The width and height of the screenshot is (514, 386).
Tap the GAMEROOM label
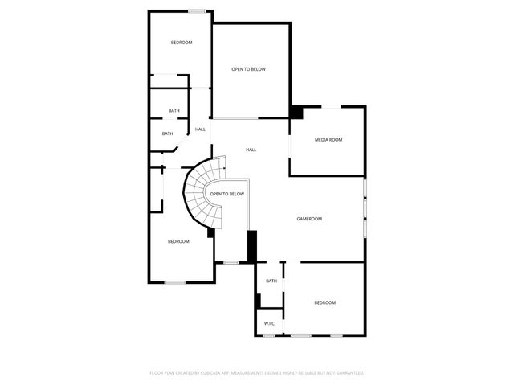309,219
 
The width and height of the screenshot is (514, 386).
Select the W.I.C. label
269,324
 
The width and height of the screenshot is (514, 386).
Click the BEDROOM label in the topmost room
182,43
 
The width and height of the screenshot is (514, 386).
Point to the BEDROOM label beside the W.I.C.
324,302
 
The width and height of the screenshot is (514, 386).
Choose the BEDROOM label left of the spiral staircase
178,242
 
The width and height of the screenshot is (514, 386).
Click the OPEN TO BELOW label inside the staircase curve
226,194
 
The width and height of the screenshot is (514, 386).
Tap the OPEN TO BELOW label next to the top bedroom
248,69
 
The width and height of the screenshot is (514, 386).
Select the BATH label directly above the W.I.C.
271,281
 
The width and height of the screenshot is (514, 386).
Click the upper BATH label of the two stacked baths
173,111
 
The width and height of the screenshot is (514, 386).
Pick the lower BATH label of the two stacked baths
167,133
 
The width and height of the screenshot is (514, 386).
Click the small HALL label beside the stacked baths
200,129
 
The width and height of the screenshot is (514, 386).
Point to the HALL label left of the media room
251,150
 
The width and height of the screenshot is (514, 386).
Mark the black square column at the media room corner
296,113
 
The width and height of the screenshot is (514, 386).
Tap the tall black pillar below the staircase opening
251,246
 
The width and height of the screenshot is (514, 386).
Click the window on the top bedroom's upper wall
196,11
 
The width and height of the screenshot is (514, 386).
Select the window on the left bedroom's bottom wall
175,281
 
